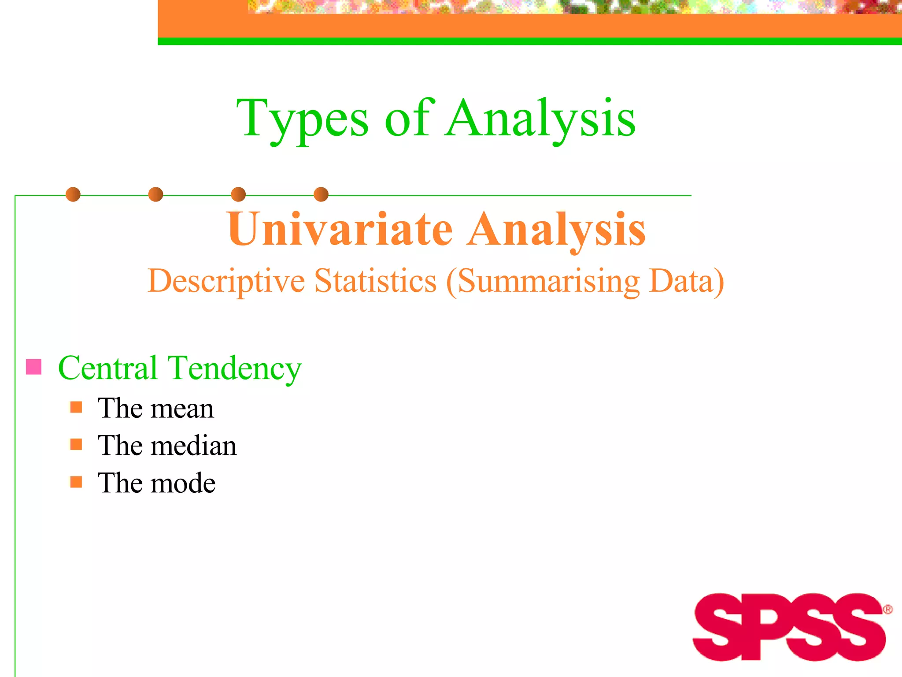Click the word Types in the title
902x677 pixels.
tap(302, 119)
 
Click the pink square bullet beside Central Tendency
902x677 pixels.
tap(34, 367)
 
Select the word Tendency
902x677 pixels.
tap(235, 368)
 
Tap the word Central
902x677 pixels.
tap(108, 368)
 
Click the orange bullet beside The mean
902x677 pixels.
tap(76, 407)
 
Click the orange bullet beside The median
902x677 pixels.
tap(76, 444)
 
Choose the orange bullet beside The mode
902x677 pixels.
tap(76, 482)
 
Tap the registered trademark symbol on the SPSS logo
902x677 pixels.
tap(887, 610)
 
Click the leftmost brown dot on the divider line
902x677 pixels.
tap(73, 194)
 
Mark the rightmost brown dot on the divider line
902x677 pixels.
tap(321, 194)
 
